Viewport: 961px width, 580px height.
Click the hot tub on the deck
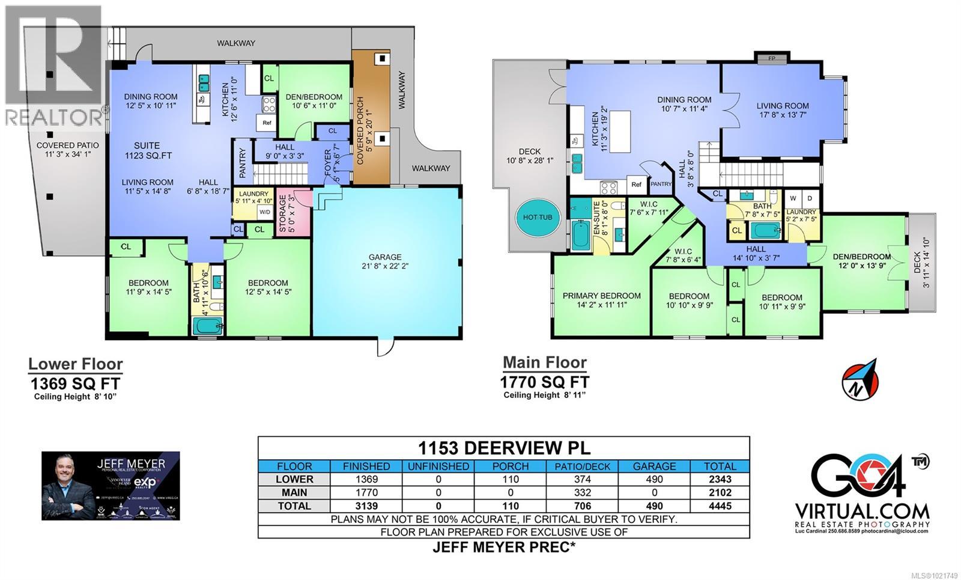[538, 217]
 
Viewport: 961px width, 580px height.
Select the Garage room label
[385, 257]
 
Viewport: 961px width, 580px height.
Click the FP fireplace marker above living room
[771, 59]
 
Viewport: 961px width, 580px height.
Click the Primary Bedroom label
[601, 296]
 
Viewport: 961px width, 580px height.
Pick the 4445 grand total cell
[720, 505]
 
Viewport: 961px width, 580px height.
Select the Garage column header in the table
[654, 466]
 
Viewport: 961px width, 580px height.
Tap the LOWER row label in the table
[294, 479]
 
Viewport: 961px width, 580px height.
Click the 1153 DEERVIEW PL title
[503, 448]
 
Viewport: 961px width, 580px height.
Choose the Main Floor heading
[544, 362]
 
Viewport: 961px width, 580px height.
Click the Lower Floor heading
[76, 364]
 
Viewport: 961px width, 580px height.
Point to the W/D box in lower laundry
[264, 212]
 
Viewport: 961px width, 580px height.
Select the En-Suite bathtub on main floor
[580, 235]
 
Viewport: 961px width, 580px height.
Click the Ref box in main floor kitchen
[636, 185]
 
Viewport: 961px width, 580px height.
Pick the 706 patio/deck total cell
[582, 505]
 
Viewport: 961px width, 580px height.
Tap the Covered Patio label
[67, 145]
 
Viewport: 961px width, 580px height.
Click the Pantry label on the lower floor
[243, 163]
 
